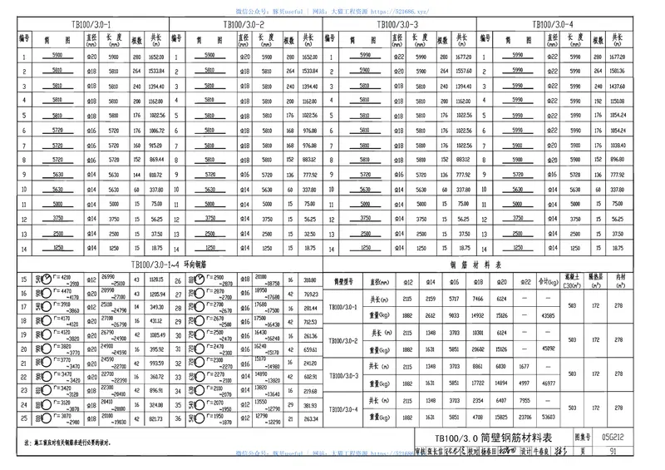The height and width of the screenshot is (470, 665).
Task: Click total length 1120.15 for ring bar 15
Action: [158, 280]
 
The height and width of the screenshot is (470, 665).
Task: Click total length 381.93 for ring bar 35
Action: [310, 405]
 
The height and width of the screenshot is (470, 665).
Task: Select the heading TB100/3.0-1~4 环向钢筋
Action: [165, 264]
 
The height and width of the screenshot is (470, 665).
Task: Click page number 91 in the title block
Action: [612, 452]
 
